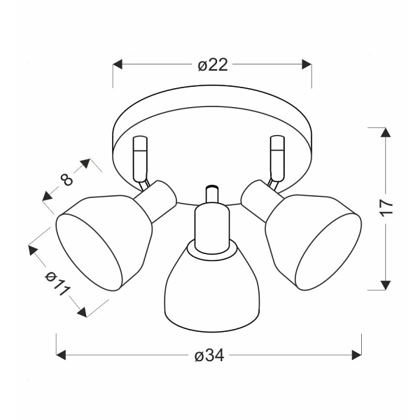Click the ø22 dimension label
[213, 65]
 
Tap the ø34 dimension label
[209, 356]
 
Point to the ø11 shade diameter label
[57, 283]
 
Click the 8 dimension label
[66, 180]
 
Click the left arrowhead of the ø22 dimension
[118, 64]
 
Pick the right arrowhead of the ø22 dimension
[307, 64]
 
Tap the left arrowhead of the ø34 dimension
[61, 355]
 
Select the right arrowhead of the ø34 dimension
[357, 355]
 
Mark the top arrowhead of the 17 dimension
[386, 132]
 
